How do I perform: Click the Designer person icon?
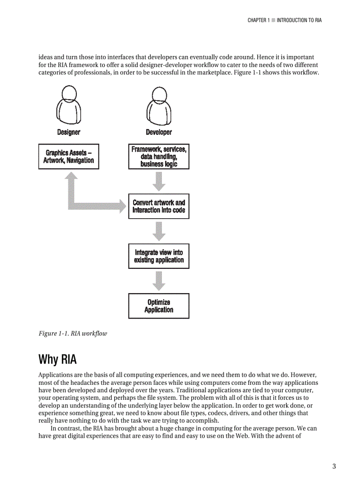69,105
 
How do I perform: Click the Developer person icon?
159,105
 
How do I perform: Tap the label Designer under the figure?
69,132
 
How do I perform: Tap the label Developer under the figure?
159,132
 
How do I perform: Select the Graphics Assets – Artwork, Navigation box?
69,156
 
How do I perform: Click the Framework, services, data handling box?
159,156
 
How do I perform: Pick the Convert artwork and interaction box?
159,206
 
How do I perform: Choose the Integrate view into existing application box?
159,256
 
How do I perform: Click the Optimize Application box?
159,306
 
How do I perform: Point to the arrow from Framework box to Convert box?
159,181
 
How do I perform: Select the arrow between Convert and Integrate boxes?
159,231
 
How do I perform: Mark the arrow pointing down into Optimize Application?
159,281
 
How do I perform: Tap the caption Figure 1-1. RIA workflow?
73,333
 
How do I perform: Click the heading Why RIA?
57,359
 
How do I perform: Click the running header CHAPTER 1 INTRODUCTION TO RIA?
285,20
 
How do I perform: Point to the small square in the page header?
273,20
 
